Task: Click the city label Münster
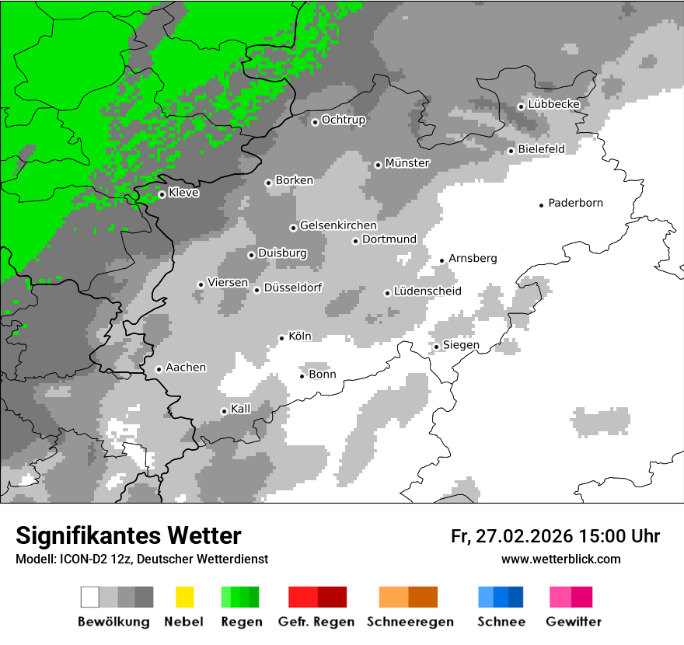click(407, 163)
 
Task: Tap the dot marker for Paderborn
click(542, 204)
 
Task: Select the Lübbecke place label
click(553, 104)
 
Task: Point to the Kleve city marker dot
click(162, 194)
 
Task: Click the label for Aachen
click(186, 368)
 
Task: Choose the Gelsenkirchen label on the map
click(338, 225)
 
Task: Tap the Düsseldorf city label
click(293, 288)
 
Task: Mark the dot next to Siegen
click(437, 347)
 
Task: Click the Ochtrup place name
click(344, 120)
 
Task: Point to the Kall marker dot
click(224, 411)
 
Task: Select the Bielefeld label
click(541, 148)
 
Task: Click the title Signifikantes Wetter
click(128, 535)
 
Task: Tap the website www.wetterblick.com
click(560, 559)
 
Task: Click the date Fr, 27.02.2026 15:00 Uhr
click(555, 536)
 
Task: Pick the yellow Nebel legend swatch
click(184, 597)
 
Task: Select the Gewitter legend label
click(574, 622)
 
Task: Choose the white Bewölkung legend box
click(90, 597)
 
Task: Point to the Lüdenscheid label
click(427, 291)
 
